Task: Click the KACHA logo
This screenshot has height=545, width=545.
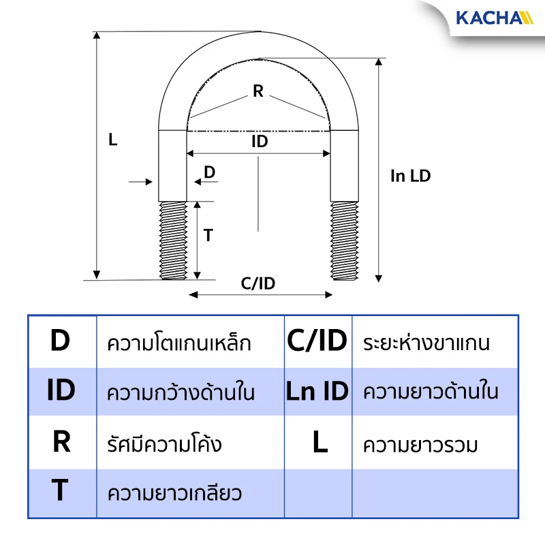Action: pyautogui.click(x=495, y=18)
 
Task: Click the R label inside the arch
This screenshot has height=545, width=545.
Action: pyautogui.click(x=258, y=91)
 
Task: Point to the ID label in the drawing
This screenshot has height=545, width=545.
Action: pyautogui.click(x=260, y=142)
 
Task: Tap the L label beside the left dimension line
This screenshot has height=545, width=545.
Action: pyautogui.click(x=112, y=140)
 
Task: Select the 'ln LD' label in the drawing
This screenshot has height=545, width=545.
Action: pyautogui.click(x=411, y=176)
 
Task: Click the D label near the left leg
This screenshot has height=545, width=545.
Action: pyautogui.click(x=210, y=172)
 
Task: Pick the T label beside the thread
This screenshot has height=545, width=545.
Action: pyautogui.click(x=208, y=235)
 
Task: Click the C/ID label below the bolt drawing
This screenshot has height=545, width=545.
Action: pyautogui.click(x=258, y=283)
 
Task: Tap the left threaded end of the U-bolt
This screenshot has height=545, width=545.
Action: pyautogui.click(x=173, y=240)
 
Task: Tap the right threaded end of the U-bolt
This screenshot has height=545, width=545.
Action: pyautogui.click(x=345, y=240)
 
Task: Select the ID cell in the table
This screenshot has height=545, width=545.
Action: pyautogui.click(x=61, y=390)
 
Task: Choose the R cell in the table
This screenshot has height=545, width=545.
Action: pyautogui.click(x=61, y=441)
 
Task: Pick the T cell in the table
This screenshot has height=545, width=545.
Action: pyautogui.click(x=60, y=490)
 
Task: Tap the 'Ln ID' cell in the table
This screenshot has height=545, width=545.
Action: pyautogui.click(x=317, y=391)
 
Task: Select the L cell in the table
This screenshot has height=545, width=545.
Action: pyautogui.click(x=320, y=441)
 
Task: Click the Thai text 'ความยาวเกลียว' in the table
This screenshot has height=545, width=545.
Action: pyautogui.click(x=174, y=493)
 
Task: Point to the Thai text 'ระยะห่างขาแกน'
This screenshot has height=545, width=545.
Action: pyautogui.click(x=426, y=343)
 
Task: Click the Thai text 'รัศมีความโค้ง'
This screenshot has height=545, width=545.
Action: pyautogui.click(x=164, y=443)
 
